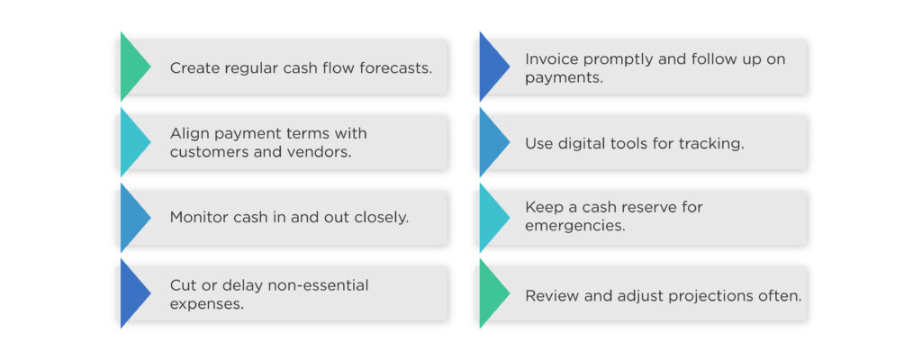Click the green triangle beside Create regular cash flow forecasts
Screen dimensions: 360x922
(133, 67)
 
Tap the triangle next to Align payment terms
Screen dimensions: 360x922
(133, 142)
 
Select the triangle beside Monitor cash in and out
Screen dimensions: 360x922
(133, 218)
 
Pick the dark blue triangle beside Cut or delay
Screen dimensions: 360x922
(133, 293)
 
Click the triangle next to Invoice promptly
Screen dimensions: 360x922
(492, 67)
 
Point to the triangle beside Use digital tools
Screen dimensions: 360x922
(492, 142)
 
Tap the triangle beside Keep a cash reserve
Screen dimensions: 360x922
(492, 218)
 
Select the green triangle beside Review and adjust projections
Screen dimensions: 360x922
(492, 293)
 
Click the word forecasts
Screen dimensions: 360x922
(393, 68)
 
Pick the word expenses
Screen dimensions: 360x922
(205, 304)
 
